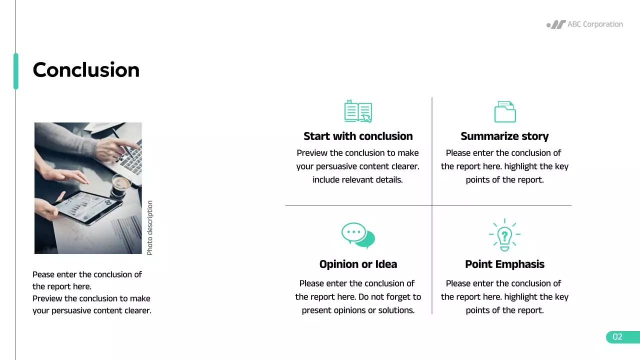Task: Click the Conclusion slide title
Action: pos(86,70)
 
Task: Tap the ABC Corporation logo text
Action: pos(595,24)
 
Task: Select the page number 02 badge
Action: pos(618,337)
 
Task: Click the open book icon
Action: pos(358,111)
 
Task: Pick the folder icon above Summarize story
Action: pos(504,111)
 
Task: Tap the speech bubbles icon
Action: pos(358,235)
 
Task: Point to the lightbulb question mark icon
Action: pos(504,235)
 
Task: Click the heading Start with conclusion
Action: pos(358,136)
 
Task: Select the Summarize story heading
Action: pos(504,136)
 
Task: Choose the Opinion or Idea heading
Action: pos(358,264)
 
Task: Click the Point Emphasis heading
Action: pos(504,264)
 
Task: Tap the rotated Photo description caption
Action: pos(150,228)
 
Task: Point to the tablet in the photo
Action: pos(87,204)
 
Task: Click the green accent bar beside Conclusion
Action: pos(16,71)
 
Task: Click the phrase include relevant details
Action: pos(357,180)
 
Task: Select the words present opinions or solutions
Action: pos(358,310)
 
